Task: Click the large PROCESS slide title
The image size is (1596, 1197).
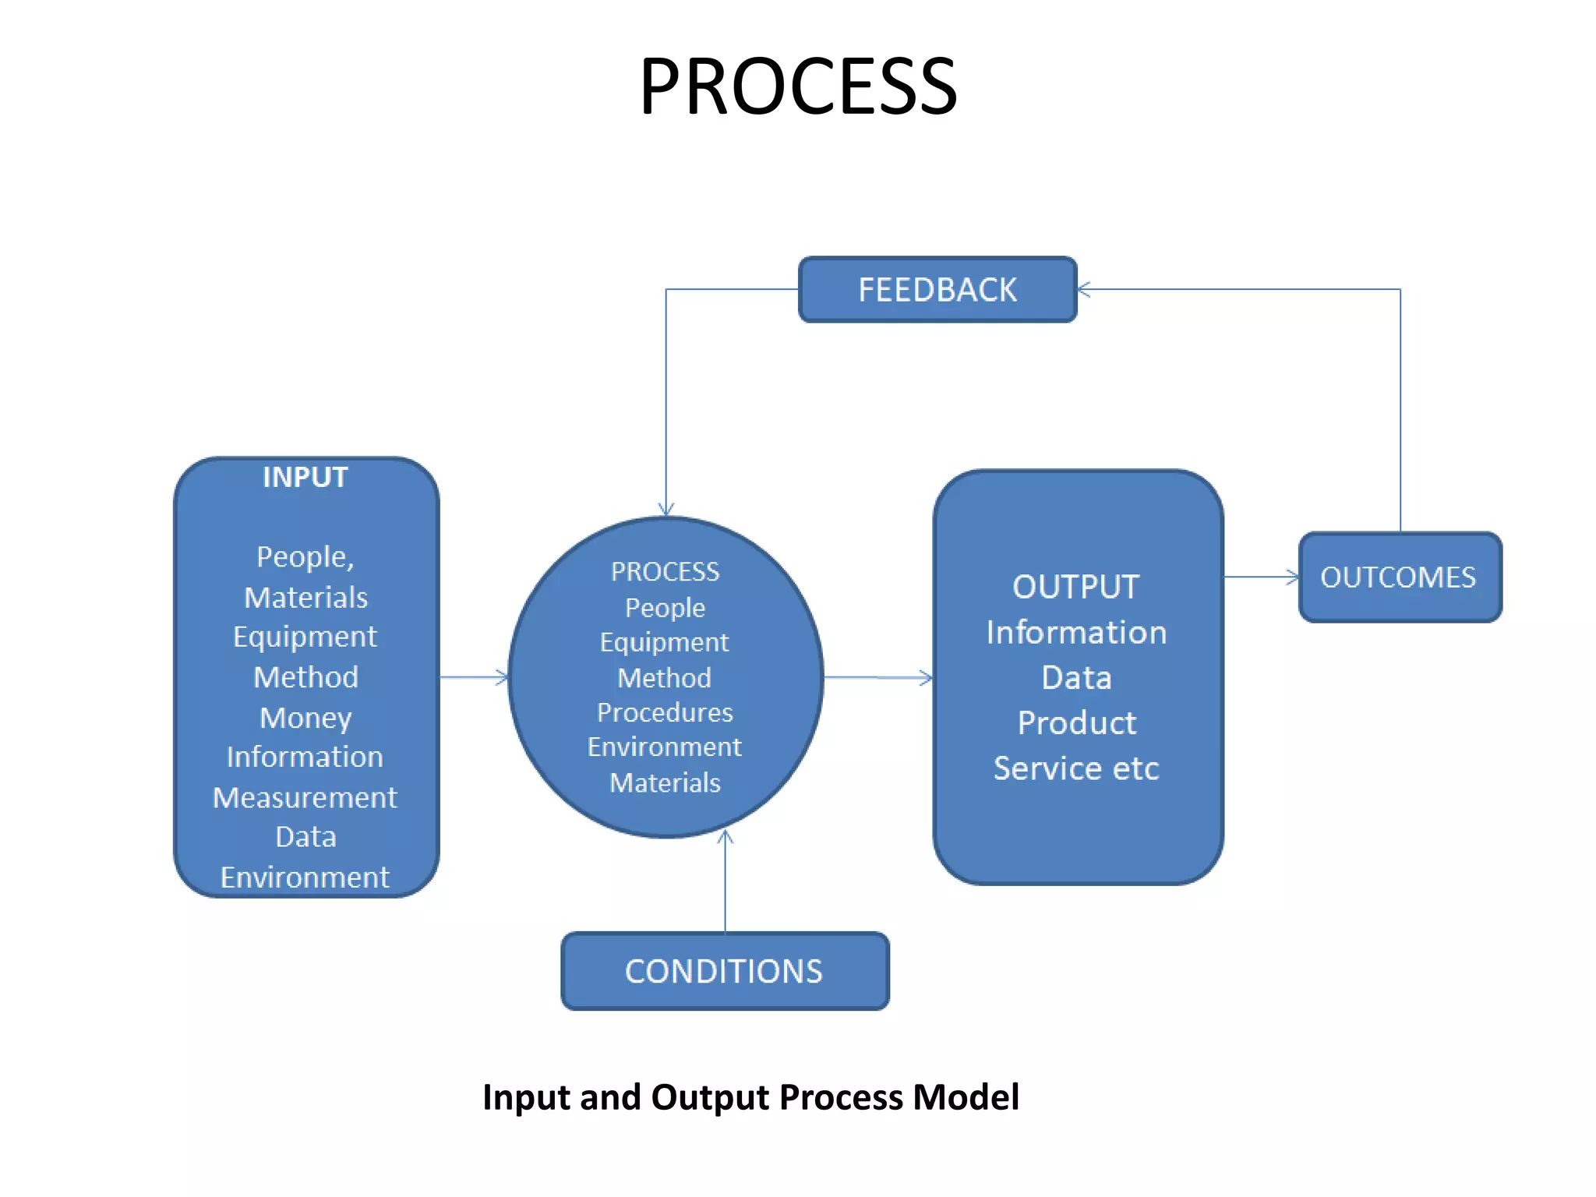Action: pos(798,87)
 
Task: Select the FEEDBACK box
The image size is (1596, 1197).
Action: pos(937,289)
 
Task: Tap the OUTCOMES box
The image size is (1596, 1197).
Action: pos(1400,577)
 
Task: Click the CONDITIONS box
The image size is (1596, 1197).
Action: pos(724,971)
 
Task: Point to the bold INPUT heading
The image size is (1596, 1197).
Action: pos(305,477)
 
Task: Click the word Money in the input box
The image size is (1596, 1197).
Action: pos(305,718)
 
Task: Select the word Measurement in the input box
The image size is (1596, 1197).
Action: pos(305,797)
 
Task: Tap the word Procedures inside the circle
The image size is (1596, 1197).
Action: pos(665,712)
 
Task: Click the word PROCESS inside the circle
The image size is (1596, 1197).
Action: pos(665,572)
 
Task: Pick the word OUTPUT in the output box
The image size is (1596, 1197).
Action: pos(1076,587)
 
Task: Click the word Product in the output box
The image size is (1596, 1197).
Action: pos(1076,723)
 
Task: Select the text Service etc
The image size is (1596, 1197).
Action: pos(1076,768)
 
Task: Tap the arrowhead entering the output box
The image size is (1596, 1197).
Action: pos(927,678)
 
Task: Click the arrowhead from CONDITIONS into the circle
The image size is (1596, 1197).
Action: pos(726,837)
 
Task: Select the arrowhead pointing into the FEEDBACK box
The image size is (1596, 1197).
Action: pos(1084,289)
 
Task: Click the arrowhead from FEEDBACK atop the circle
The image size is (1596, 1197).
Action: pos(666,510)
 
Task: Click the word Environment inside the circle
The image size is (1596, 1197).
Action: pos(665,747)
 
